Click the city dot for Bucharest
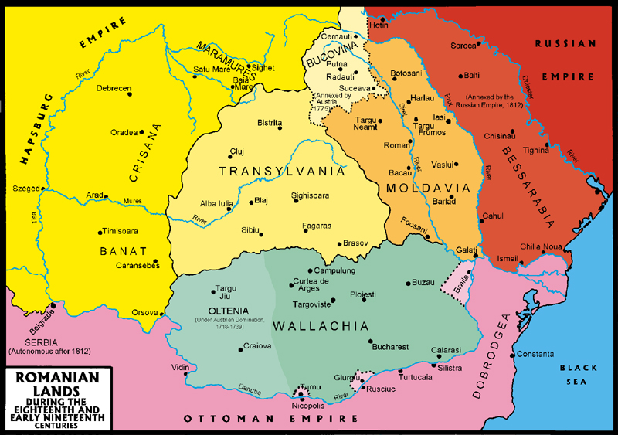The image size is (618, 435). pos(371,341)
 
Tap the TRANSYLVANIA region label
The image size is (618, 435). pos(281,172)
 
